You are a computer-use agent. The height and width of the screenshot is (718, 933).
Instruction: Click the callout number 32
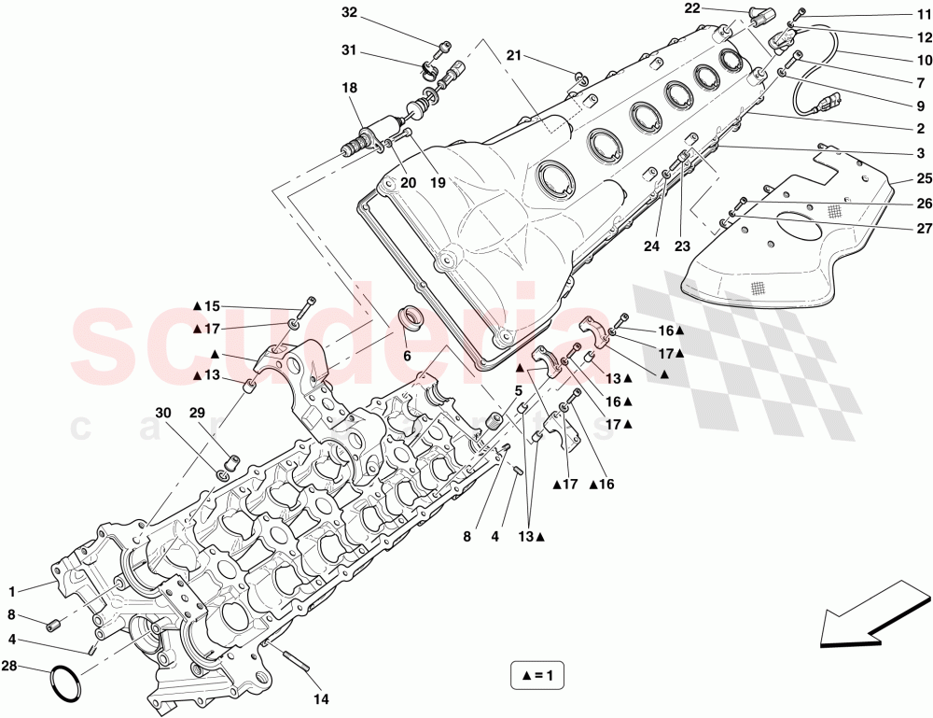349,13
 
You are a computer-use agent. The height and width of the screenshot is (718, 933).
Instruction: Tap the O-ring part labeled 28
64,683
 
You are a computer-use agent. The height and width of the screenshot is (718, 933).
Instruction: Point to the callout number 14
321,698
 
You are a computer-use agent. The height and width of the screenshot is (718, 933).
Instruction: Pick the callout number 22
691,8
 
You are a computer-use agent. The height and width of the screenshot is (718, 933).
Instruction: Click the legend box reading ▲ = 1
537,674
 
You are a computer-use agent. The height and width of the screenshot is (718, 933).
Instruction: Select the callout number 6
407,356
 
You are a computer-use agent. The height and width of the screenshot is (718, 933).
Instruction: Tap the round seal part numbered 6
411,319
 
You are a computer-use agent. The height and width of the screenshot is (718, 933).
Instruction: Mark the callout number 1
12,591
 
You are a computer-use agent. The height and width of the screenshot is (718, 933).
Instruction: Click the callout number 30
163,413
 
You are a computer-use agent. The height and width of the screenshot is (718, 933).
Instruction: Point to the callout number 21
513,56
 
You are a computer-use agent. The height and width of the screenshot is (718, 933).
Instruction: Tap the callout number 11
923,14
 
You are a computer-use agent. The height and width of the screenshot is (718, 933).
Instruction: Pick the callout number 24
650,247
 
